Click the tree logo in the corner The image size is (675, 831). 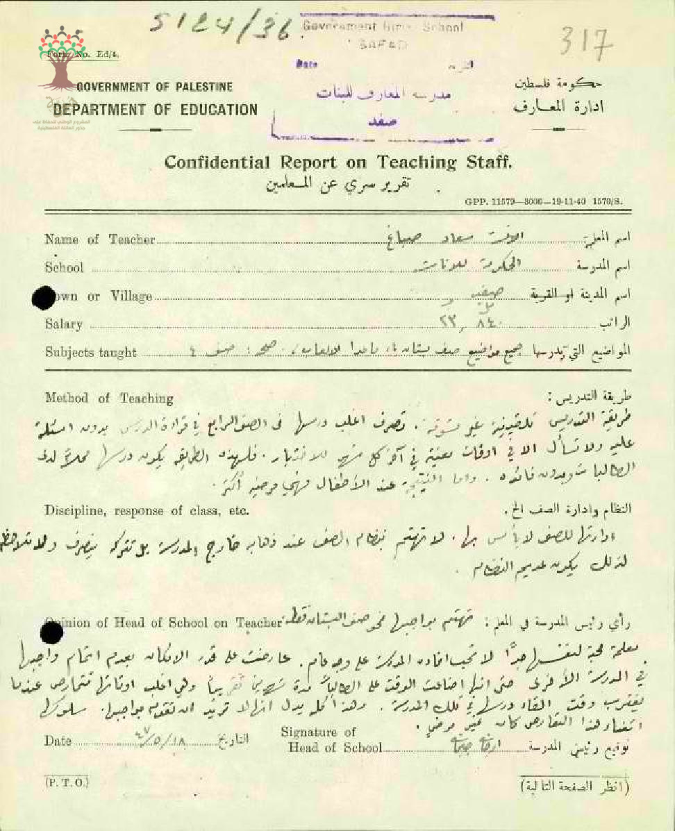pos(63,59)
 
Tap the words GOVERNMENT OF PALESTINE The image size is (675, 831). pos(153,87)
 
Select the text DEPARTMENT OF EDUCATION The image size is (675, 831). pos(155,110)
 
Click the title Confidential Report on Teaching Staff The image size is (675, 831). pos(338,163)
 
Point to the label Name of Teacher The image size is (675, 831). pos(99,240)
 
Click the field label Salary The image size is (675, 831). pos(63,324)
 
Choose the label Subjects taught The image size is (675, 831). pos(90,352)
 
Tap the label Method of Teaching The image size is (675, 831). pos(109,398)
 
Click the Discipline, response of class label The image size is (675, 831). pos(147,512)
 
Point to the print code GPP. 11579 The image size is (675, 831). pos(544,201)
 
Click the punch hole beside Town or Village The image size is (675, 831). pos(44,297)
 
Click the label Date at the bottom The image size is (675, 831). pos(58,741)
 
